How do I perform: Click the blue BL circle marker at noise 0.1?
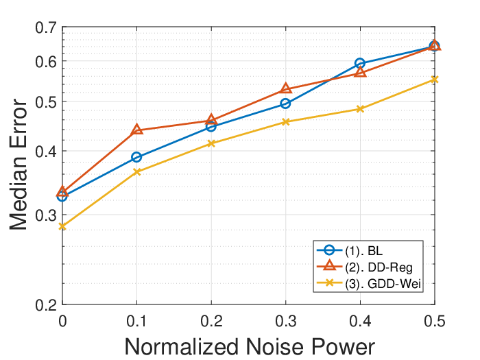(136, 157)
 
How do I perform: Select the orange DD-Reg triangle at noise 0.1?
(136, 130)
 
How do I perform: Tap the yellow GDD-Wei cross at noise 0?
(62, 226)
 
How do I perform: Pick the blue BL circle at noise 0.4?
(360, 63)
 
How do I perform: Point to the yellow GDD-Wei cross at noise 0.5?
(434, 80)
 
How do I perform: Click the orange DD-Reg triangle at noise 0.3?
(286, 88)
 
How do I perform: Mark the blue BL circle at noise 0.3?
(285, 104)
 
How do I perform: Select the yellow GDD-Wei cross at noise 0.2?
(211, 143)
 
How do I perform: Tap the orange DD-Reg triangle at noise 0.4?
(360, 72)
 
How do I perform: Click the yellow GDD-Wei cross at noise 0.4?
(360, 109)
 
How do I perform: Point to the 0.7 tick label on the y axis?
(46, 28)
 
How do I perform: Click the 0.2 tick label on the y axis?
(46, 305)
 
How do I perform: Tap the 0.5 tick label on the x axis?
(435, 322)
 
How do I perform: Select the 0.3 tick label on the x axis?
(286, 322)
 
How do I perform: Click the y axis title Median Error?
(19, 165)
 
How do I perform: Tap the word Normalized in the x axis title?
(182, 347)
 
